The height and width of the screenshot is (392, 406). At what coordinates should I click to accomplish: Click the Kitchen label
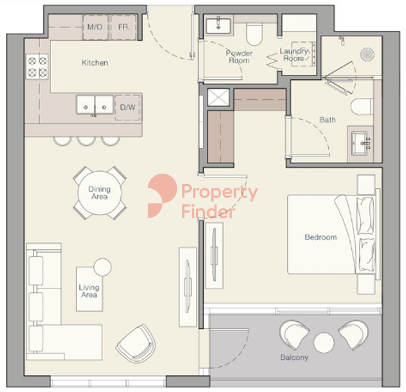[x=94, y=63]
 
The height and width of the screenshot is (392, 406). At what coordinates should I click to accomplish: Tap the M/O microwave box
[x=95, y=27]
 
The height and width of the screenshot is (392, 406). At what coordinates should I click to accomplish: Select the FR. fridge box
[x=124, y=27]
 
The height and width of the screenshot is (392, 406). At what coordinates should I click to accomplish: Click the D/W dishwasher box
[x=127, y=107]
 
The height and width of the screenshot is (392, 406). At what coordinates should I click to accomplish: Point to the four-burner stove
[x=37, y=66]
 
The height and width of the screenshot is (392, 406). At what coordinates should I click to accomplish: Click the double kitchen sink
[x=94, y=105]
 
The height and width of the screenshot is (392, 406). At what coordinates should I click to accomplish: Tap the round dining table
[x=99, y=193]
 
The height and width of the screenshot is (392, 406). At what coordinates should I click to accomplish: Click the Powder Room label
[x=239, y=57]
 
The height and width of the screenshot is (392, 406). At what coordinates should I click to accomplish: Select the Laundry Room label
[x=294, y=55]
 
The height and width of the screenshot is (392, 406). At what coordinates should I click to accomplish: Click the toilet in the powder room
[x=254, y=34]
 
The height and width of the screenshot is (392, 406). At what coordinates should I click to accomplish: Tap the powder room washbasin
[x=218, y=26]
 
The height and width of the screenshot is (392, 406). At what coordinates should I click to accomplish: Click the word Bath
[x=328, y=120]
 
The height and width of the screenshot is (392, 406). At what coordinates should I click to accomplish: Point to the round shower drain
[x=367, y=55]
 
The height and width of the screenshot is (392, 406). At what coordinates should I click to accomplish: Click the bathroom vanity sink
[x=360, y=143]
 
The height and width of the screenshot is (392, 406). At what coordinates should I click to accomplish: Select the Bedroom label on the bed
[x=321, y=237]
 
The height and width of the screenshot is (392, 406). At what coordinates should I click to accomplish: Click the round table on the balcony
[x=323, y=342]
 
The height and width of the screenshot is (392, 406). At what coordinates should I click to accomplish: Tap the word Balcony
[x=295, y=358]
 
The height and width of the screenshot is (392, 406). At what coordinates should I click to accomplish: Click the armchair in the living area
[x=136, y=343]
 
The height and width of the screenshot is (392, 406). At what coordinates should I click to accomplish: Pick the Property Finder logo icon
[x=162, y=196]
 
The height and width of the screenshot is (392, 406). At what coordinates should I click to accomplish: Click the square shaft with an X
[x=218, y=97]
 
